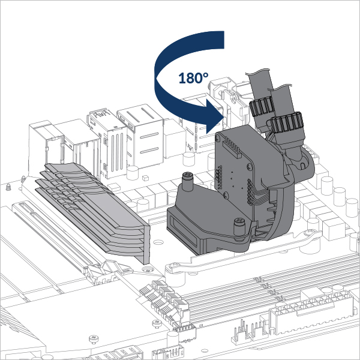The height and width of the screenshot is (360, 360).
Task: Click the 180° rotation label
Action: click(x=193, y=78)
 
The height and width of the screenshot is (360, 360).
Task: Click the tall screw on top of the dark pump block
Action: click(x=188, y=181)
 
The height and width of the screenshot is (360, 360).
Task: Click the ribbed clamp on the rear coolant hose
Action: click(x=261, y=106)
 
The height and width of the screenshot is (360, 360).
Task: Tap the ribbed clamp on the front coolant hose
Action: click(x=287, y=124)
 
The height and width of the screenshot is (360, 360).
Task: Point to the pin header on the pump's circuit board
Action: click(x=233, y=147)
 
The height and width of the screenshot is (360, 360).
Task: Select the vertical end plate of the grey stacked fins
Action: click(x=146, y=245)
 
